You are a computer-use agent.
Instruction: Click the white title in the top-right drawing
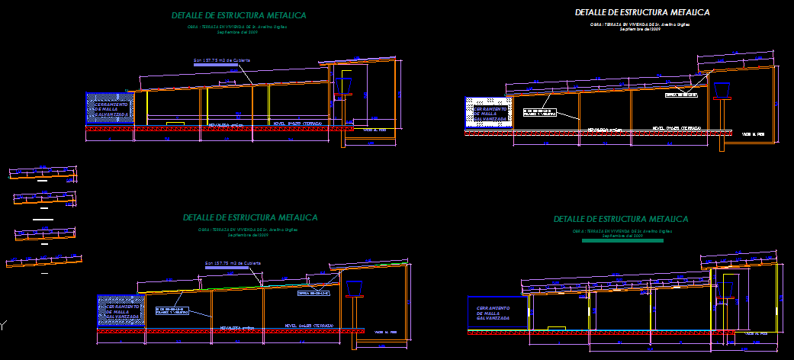point(642,12)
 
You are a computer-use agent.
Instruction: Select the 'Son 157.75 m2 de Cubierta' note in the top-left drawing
point(222,59)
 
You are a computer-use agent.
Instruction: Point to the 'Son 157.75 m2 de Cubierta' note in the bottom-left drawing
point(233,263)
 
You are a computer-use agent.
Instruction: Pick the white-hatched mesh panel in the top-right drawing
point(488,113)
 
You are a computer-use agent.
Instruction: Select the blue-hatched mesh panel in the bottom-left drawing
point(121,310)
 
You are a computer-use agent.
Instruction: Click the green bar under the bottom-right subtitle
point(622,241)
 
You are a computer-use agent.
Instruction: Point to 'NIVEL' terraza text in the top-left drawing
point(297,123)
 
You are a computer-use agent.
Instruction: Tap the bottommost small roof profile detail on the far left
point(43,262)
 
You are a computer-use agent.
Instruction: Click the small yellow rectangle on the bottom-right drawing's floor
point(556,329)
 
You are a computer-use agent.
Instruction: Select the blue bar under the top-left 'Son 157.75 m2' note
point(221,66)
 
